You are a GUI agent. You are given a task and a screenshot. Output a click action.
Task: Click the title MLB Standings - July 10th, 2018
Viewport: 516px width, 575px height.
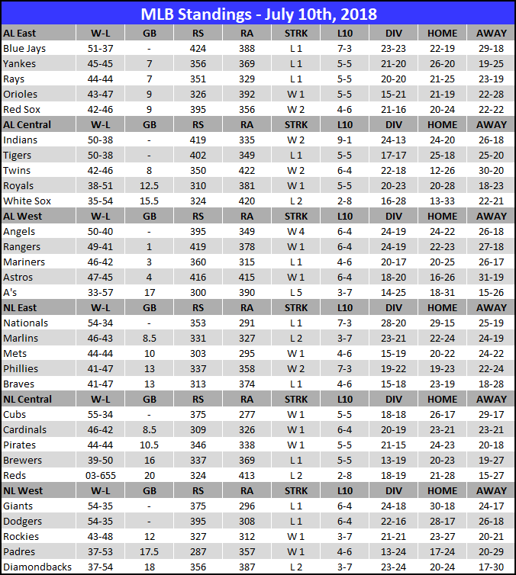coord(258,14)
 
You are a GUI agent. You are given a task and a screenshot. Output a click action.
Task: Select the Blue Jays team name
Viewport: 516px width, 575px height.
coord(25,49)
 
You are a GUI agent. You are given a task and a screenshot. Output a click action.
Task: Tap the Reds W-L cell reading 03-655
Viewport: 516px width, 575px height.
coord(102,476)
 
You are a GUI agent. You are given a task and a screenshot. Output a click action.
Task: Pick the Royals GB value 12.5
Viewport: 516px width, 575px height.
coord(150,186)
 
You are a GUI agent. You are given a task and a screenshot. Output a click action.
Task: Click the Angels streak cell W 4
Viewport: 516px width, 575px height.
coord(296,232)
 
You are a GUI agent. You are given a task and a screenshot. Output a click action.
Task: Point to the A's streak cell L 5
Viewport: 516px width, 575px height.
coord(296,293)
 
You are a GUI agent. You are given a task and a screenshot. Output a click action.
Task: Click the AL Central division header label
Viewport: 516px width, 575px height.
coord(27,125)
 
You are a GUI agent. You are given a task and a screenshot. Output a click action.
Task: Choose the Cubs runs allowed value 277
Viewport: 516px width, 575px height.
coord(247,415)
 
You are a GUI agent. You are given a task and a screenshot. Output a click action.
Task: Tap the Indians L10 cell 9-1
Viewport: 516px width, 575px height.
coord(344,140)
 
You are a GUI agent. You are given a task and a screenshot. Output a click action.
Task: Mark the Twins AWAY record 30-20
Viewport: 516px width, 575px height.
coord(491,171)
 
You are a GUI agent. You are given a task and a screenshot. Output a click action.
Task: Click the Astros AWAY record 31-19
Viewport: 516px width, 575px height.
coord(491,278)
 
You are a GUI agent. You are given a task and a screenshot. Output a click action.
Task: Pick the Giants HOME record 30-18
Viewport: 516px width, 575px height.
coord(443,506)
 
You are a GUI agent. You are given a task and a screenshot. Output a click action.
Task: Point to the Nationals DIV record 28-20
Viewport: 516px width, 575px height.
coord(394,323)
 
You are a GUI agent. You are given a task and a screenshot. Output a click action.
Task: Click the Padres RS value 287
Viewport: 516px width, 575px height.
coord(198,552)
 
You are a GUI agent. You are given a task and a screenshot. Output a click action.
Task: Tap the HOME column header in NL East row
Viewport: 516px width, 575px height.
coord(443,308)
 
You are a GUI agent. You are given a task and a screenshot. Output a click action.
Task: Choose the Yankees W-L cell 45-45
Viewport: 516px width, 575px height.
coord(102,64)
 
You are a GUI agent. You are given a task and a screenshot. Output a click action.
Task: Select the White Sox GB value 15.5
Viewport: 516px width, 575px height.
coord(150,201)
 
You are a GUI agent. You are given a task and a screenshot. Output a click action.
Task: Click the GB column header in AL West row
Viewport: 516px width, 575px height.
coord(150,217)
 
